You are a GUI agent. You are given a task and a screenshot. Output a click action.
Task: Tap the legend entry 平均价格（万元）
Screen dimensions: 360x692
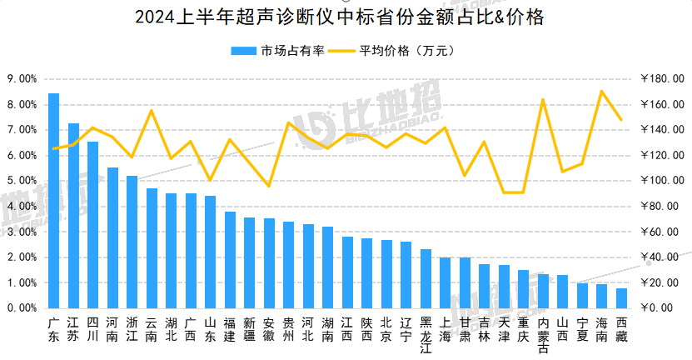coord(394,51)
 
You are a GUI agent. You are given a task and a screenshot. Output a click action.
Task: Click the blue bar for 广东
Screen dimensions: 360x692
coord(53,200)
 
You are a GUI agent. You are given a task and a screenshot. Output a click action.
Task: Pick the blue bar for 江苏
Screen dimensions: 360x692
coord(73,215)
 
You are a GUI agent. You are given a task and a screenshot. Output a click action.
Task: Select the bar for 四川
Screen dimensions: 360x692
coord(92,224)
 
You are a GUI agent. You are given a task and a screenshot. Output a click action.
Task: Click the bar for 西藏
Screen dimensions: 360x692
coord(621,297)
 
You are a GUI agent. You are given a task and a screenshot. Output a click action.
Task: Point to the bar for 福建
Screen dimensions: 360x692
coord(230,259)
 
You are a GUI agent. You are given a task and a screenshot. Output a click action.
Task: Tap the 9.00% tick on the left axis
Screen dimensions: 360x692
coord(22,79)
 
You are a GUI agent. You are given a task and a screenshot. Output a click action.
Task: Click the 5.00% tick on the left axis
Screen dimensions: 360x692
coord(22,181)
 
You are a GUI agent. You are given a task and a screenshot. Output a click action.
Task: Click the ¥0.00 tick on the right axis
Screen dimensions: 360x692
coord(657,308)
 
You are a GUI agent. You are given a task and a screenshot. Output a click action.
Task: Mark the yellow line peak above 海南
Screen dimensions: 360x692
coord(601,91)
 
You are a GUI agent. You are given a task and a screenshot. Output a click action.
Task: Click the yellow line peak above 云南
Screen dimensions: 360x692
coord(152,111)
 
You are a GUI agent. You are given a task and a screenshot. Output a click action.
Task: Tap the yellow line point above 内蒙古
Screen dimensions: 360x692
coord(543,99)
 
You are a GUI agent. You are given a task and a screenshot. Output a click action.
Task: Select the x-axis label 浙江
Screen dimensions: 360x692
coord(132,328)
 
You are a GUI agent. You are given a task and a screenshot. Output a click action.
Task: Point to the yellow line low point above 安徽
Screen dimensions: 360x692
coord(268,186)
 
